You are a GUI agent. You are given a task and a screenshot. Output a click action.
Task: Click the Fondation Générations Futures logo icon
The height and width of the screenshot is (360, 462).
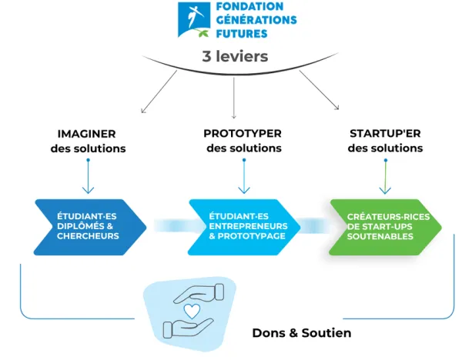[x=194, y=20]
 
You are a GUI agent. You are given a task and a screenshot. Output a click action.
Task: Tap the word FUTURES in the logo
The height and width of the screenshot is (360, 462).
[x=242, y=34]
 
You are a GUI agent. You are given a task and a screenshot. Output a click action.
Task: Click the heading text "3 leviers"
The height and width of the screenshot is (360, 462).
[x=235, y=56]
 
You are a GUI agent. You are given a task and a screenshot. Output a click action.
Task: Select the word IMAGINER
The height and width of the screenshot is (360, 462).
[x=86, y=134]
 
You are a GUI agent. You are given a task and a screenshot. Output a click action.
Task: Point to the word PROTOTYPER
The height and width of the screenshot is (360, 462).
[x=243, y=133]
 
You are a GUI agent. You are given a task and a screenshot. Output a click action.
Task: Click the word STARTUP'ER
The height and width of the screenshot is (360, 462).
[x=385, y=133]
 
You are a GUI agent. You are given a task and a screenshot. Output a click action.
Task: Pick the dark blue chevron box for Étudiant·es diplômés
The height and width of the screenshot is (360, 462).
[x=90, y=227]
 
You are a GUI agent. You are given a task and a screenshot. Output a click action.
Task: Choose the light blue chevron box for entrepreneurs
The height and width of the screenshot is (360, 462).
[x=244, y=227]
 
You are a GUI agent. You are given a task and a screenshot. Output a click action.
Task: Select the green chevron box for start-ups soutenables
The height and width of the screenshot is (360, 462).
[x=385, y=227]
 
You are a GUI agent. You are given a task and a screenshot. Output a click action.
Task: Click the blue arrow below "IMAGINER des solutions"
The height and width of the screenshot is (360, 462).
[x=88, y=176]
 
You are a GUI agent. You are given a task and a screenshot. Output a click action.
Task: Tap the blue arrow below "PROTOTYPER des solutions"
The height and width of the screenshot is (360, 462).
[x=244, y=176]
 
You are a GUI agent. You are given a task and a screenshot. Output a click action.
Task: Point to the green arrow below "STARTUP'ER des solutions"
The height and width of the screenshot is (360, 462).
[x=386, y=177]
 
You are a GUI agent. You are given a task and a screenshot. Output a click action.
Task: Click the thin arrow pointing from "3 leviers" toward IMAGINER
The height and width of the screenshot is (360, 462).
[x=159, y=92]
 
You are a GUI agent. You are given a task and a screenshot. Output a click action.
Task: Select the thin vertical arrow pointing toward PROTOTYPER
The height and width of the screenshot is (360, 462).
[x=234, y=98]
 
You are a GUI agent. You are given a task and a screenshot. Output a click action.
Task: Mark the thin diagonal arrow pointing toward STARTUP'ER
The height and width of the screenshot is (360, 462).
[x=320, y=90]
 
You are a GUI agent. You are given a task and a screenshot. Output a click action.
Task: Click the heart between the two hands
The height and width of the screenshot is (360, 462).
[x=192, y=311]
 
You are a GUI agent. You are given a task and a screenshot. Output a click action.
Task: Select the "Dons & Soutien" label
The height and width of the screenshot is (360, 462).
[x=302, y=333]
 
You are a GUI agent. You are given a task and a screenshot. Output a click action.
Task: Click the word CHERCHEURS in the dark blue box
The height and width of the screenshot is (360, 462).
[x=88, y=236]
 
